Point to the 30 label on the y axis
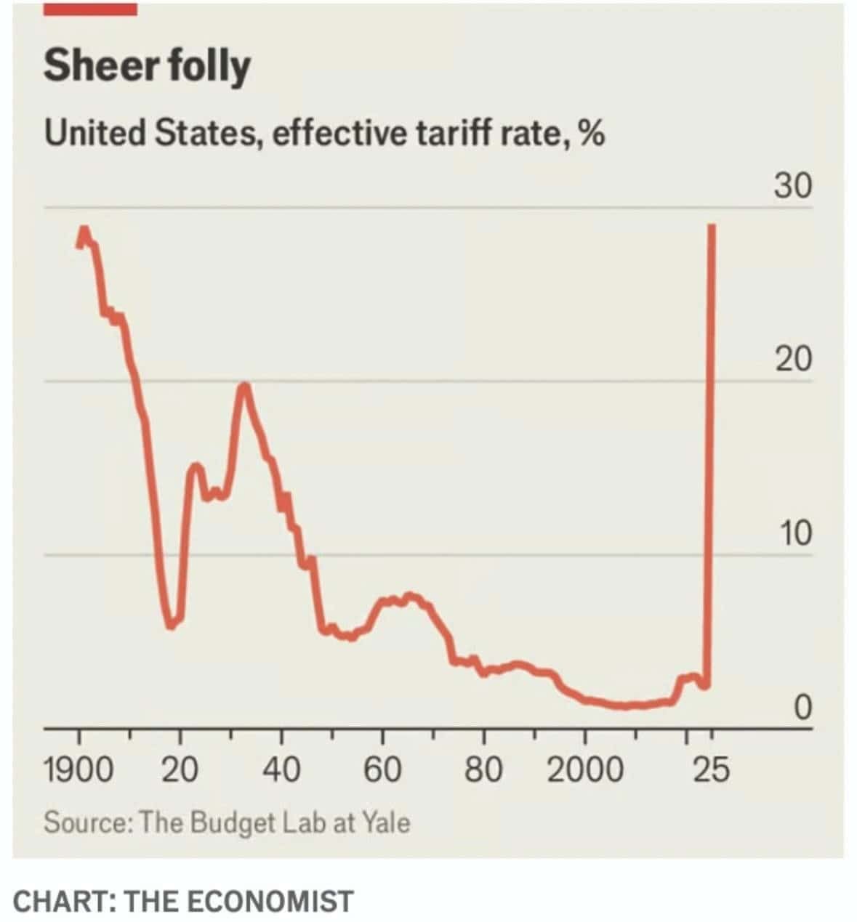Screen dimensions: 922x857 (x=792, y=187)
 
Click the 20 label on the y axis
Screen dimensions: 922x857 (x=792, y=360)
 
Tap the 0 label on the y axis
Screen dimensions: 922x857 (x=802, y=707)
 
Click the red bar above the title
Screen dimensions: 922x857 (x=90, y=9)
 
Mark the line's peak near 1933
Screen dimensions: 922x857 (x=244, y=385)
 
